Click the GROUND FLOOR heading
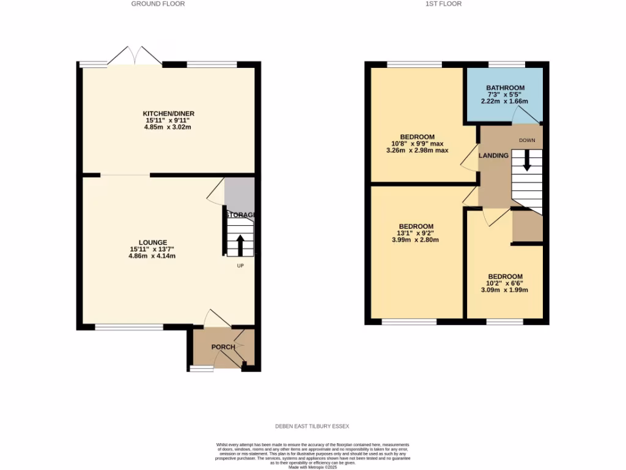click(x=158, y=4)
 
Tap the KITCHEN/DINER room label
click(x=168, y=114)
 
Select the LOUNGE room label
click(x=152, y=242)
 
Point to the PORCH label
click(x=223, y=347)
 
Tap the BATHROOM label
click(x=505, y=88)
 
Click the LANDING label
click(x=493, y=155)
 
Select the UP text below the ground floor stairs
click(x=240, y=266)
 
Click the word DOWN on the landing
click(x=526, y=141)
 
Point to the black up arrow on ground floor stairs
click(x=240, y=245)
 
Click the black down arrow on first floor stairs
click(x=526, y=161)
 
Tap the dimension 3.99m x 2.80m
click(x=415, y=240)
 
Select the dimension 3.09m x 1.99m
click(x=504, y=290)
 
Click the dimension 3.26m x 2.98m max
click(x=417, y=151)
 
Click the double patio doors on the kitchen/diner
click(x=134, y=56)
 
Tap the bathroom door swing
click(x=520, y=116)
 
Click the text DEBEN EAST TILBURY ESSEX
click(x=312, y=426)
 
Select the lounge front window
click(x=129, y=327)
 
